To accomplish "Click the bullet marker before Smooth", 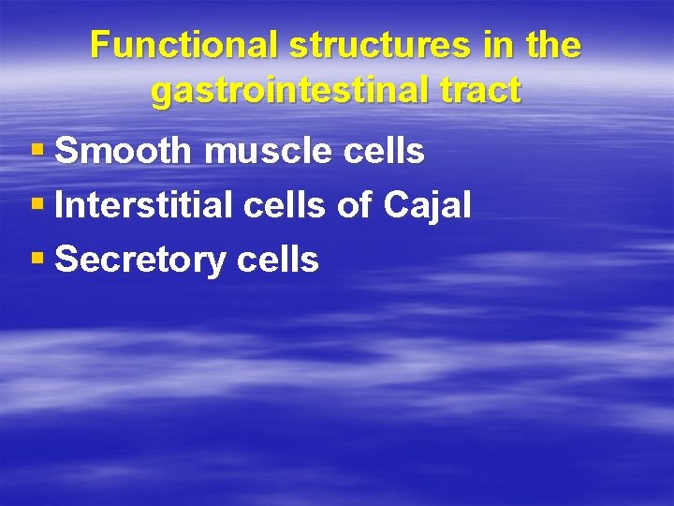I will pyautogui.click(x=37, y=151).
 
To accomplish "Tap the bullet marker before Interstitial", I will pyautogui.click(x=37, y=205).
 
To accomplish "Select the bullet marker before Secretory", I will pyautogui.click(x=37, y=260).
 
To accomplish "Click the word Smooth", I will pyautogui.click(x=123, y=151).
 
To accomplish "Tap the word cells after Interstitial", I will pyautogui.click(x=286, y=205).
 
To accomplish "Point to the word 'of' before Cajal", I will pyautogui.click(x=356, y=205).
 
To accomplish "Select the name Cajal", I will pyautogui.click(x=427, y=206).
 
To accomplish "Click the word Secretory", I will pyautogui.click(x=141, y=260).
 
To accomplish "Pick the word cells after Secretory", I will pyautogui.click(x=278, y=260).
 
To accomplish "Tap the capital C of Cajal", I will pyautogui.click(x=395, y=205).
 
